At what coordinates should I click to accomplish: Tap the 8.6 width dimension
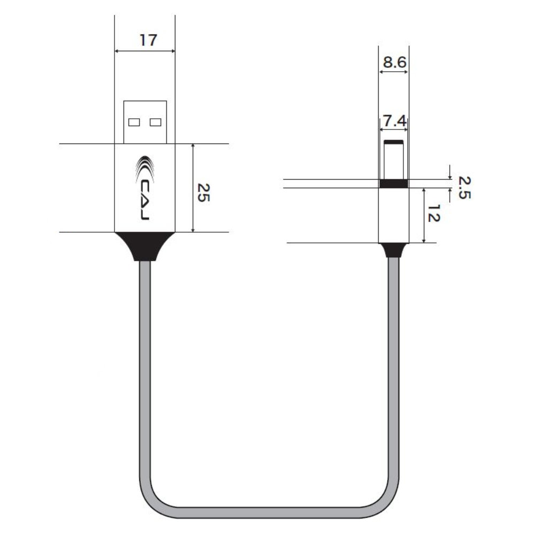tap(394, 63)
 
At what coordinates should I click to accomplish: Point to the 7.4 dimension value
tap(394, 121)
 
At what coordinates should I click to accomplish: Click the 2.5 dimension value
tap(464, 187)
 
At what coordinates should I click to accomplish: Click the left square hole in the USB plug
tap(134, 122)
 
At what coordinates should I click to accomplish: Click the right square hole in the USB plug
tap(156, 122)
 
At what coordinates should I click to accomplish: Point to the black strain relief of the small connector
tap(394, 250)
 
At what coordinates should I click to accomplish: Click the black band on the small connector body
tap(394, 184)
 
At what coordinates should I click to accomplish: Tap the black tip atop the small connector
tap(394, 142)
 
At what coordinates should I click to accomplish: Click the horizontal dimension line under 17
tap(145, 51)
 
